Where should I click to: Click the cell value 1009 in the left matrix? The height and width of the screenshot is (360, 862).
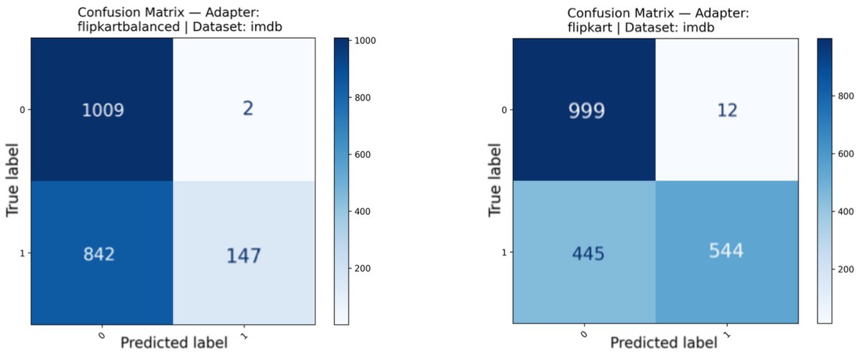(102, 110)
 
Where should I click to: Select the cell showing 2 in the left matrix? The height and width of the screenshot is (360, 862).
(244, 110)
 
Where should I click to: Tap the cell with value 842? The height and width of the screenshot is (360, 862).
(102, 254)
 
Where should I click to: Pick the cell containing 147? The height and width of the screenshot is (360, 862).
(244, 254)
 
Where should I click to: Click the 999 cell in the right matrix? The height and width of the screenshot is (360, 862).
(584, 110)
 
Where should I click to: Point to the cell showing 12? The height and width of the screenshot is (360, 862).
(726, 110)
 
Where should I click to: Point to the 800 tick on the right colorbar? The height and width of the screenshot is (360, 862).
(845, 95)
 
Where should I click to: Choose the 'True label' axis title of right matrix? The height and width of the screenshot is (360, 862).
(494, 181)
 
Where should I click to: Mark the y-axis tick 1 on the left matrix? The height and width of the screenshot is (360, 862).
(24, 254)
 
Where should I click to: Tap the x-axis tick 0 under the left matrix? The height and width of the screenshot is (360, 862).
(101, 333)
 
